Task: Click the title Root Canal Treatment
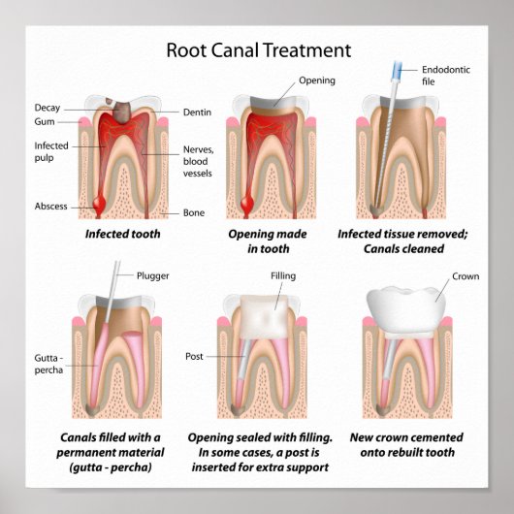click(258, 49)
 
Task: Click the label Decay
click(48, 107)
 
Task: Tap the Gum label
click(45, 122)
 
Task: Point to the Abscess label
click(50, 206)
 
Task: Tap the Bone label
click(194, 212)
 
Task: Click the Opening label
click(316, 80)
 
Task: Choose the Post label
click(194, 357)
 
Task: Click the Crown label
click(466, 276)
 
